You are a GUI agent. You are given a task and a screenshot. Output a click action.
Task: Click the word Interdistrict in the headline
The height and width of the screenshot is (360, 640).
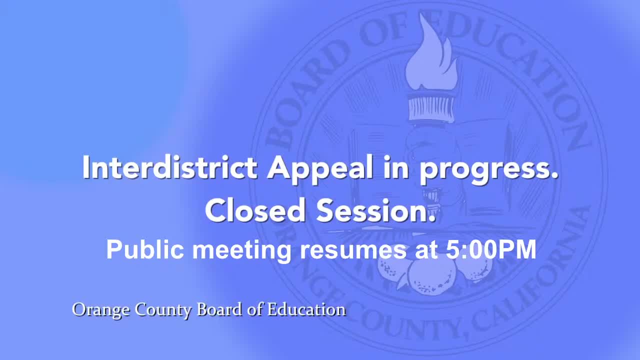click(169, 168)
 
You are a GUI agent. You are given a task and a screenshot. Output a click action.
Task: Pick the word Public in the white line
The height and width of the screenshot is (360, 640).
click(145, 249)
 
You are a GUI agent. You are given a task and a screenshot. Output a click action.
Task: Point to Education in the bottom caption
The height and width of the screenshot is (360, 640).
click(306, 309)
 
